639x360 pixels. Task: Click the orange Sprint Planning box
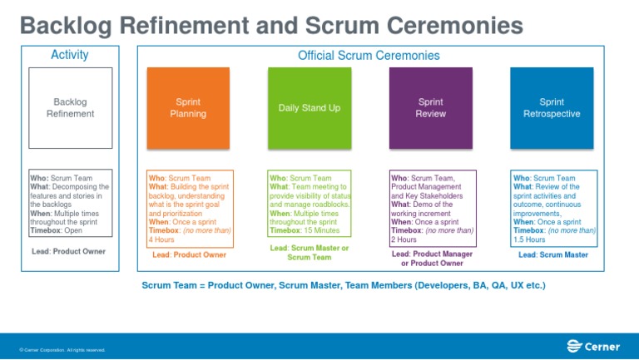pos(188,107)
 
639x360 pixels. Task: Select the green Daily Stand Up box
pos(309,107)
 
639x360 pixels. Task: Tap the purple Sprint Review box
pos(430,107)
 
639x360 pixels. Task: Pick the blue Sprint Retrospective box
pos(551,107)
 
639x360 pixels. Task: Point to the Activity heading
pos(70,56)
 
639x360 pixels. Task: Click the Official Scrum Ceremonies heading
pos(369,56)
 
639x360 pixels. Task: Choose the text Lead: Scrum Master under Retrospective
pos(553,255)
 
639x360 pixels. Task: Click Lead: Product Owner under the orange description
pos(190,255)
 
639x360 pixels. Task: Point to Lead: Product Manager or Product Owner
pos(432,259)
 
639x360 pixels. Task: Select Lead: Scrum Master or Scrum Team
pos(310,253)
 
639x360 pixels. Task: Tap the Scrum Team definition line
pos(344,285)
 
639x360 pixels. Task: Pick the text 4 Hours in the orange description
pos(161,239)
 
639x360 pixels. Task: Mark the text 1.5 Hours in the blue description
pos(530,239)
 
